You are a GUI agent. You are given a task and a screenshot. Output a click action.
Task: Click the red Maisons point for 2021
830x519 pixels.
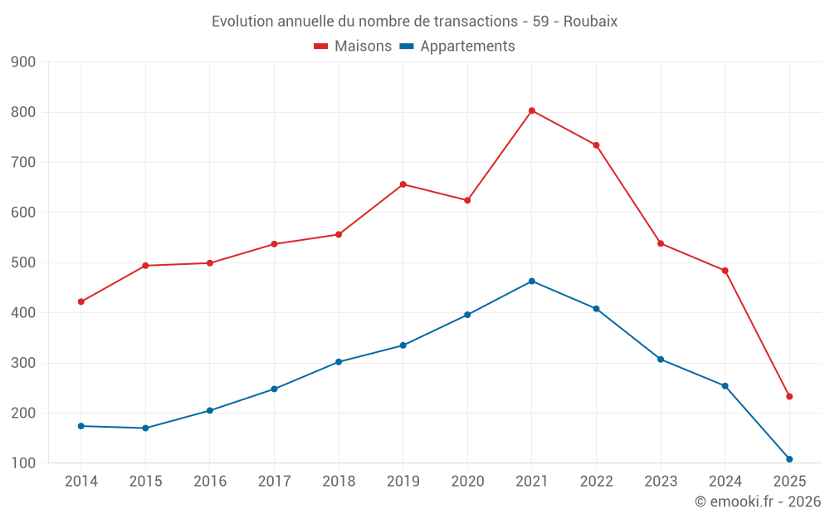[x=532, y=110]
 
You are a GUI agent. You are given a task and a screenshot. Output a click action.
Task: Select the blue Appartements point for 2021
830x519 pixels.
[x=532, y=281]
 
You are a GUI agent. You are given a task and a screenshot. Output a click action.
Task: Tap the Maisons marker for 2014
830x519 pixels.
[x=81, y=301]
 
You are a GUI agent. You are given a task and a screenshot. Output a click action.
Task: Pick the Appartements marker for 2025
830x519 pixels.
[x=789, y=459]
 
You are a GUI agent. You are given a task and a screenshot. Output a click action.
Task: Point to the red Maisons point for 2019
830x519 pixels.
[x=403, y=184]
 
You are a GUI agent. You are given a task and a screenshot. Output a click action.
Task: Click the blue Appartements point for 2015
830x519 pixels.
[x=145, y=428]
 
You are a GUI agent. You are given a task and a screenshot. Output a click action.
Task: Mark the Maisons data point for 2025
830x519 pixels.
[x=789, y=396]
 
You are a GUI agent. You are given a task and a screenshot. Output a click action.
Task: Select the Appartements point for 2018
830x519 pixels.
[x=339, y=362]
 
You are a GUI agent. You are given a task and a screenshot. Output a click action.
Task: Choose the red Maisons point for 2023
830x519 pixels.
[x=661, y=243]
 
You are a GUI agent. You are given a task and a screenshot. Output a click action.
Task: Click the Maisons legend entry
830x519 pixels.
[x=353, y=47]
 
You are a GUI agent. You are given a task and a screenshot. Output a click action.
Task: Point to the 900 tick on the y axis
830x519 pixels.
[x=23, y=62]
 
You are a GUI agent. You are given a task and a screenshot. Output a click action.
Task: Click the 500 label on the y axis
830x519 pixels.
[x=23, y=263]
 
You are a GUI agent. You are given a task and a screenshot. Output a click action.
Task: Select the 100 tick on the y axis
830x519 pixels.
[x=23, y=463]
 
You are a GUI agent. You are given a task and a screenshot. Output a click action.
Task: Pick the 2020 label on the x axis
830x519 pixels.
[x=467, y=482]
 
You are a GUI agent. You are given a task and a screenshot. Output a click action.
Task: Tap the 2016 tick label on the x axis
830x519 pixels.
[x=209, y=482]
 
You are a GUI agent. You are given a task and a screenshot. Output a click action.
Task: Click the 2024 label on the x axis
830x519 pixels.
[x=725, y=482]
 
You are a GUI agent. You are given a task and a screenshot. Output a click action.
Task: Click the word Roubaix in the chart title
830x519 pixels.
[x=590, y=22]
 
